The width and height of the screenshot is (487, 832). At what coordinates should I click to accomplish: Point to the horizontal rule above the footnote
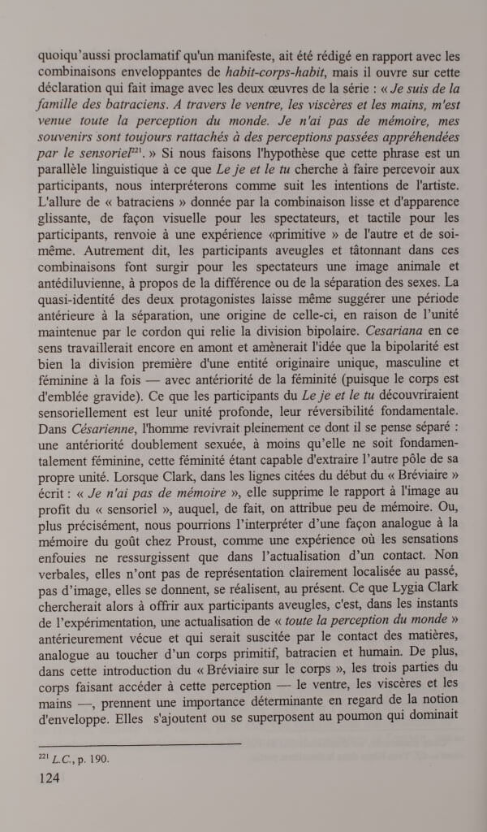139,743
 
